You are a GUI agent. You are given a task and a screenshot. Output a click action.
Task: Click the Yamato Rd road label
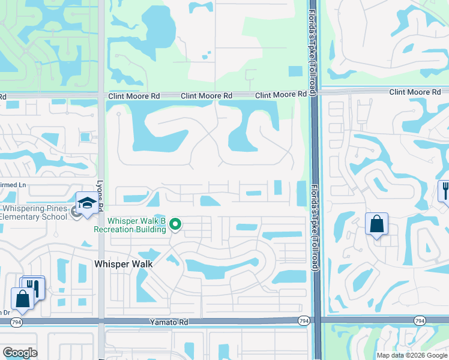[x=169, y=322]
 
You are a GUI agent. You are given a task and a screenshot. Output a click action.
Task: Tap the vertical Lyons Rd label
[x=100, y=195]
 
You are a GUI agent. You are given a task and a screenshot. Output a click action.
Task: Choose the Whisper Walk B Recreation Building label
[x=130, y=225]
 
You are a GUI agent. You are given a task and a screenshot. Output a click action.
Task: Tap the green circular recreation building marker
[x=175, y=225]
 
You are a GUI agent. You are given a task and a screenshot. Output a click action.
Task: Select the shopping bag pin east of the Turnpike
[x=376, y=224]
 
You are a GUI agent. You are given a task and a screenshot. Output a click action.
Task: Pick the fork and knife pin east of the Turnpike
[x=445, y=191]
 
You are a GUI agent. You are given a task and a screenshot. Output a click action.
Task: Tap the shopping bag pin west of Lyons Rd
[x=22, y=298]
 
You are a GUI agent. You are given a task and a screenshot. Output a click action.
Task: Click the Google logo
[x=20, y=353]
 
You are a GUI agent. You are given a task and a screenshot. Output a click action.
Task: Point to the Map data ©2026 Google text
[x=411, y=355]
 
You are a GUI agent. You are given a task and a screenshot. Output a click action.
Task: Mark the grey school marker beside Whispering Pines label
[x=76, y=211]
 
